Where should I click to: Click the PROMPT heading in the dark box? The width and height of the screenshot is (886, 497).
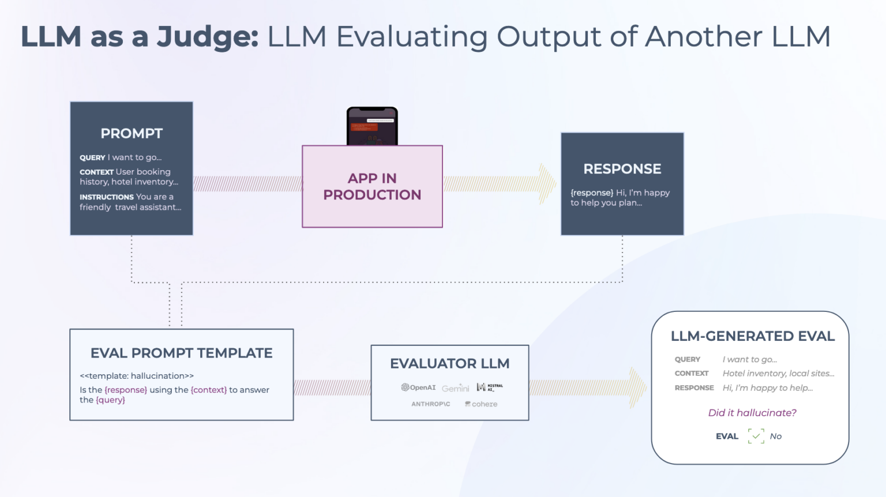click(132, 133)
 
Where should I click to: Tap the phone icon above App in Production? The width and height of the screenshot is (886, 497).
click(372, 126)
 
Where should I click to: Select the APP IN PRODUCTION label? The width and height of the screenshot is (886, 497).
click(372, 186)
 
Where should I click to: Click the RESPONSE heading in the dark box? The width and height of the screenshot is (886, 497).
click(622, 169)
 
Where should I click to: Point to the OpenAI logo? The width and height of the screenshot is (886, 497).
click(418, 387)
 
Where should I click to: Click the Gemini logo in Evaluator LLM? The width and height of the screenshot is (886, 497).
click(455, 388)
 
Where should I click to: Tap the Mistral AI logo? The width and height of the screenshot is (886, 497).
click(490, 387)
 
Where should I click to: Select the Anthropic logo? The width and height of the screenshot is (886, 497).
click(430, 404)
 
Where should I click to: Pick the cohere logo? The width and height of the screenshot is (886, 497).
click(481, 404)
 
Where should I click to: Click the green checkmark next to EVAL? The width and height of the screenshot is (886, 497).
click(756, 436)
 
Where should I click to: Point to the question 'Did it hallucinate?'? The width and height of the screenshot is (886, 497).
click(752, 413)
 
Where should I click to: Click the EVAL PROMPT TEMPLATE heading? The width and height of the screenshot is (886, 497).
click(181, 353)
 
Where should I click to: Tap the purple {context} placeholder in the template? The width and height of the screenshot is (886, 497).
click(208, 390)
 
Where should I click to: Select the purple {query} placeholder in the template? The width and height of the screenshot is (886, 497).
click(110, 400)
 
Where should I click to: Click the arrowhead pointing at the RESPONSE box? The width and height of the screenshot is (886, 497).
click(547, 184)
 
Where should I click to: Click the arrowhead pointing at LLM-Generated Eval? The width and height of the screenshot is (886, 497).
click(637, 387)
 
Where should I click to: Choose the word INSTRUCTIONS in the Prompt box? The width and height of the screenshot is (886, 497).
click(107, 197)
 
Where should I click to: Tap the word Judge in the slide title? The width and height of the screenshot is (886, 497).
click(207, 36)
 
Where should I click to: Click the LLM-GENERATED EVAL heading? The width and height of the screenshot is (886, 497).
click(752, 336)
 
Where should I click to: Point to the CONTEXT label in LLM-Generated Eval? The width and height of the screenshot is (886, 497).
click(691, 374)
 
